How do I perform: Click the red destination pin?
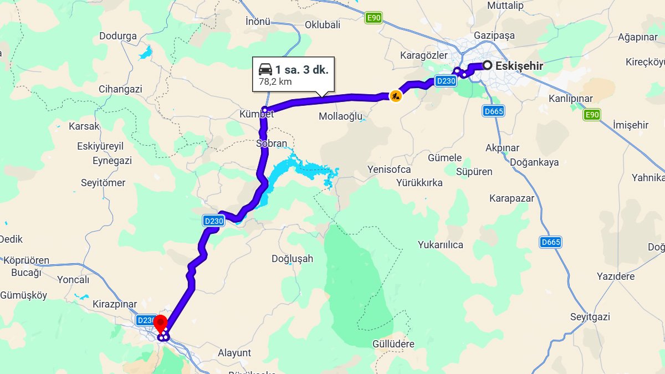coord(160,323)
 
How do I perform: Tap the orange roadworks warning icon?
coord(395,96)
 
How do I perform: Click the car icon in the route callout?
coord(265,70)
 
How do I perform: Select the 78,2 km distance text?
coord(275,82)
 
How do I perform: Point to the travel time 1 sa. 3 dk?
coord(302,70)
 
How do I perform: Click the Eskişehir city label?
coord(519,66)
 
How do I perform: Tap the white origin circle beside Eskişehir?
coord(487,65)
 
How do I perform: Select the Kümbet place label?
coord(257,114)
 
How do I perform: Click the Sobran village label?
coord(272,144)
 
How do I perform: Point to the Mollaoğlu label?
coord(340,116)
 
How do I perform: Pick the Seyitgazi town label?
coord(590,317)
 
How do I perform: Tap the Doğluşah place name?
coord(293,259)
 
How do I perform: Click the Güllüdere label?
coord(393,344)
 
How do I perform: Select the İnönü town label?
coord(258,22)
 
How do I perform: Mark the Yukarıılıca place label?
coord(441,245)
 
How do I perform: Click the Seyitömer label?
coord(103,183)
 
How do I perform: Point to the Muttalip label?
coord(505,6)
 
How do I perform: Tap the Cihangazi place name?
coord(120,89)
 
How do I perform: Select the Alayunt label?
coord(234,353)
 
